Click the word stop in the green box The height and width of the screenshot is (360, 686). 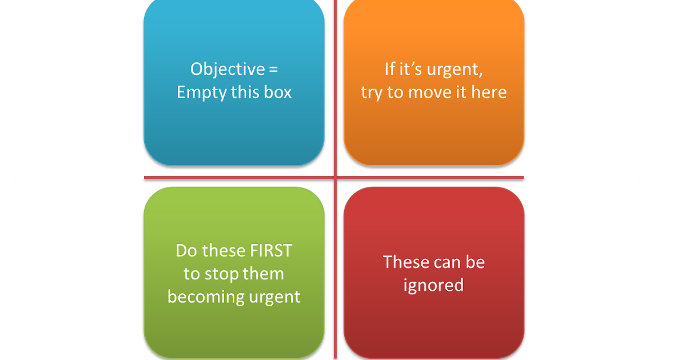[221, 274]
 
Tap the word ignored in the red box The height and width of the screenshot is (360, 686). [433, 285]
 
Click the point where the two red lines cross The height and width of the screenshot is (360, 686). [335, 177]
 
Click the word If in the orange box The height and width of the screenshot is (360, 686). [390, 70]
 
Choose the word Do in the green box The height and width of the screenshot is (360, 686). [185, 250]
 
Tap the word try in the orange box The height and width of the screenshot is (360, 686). [372, 93]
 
